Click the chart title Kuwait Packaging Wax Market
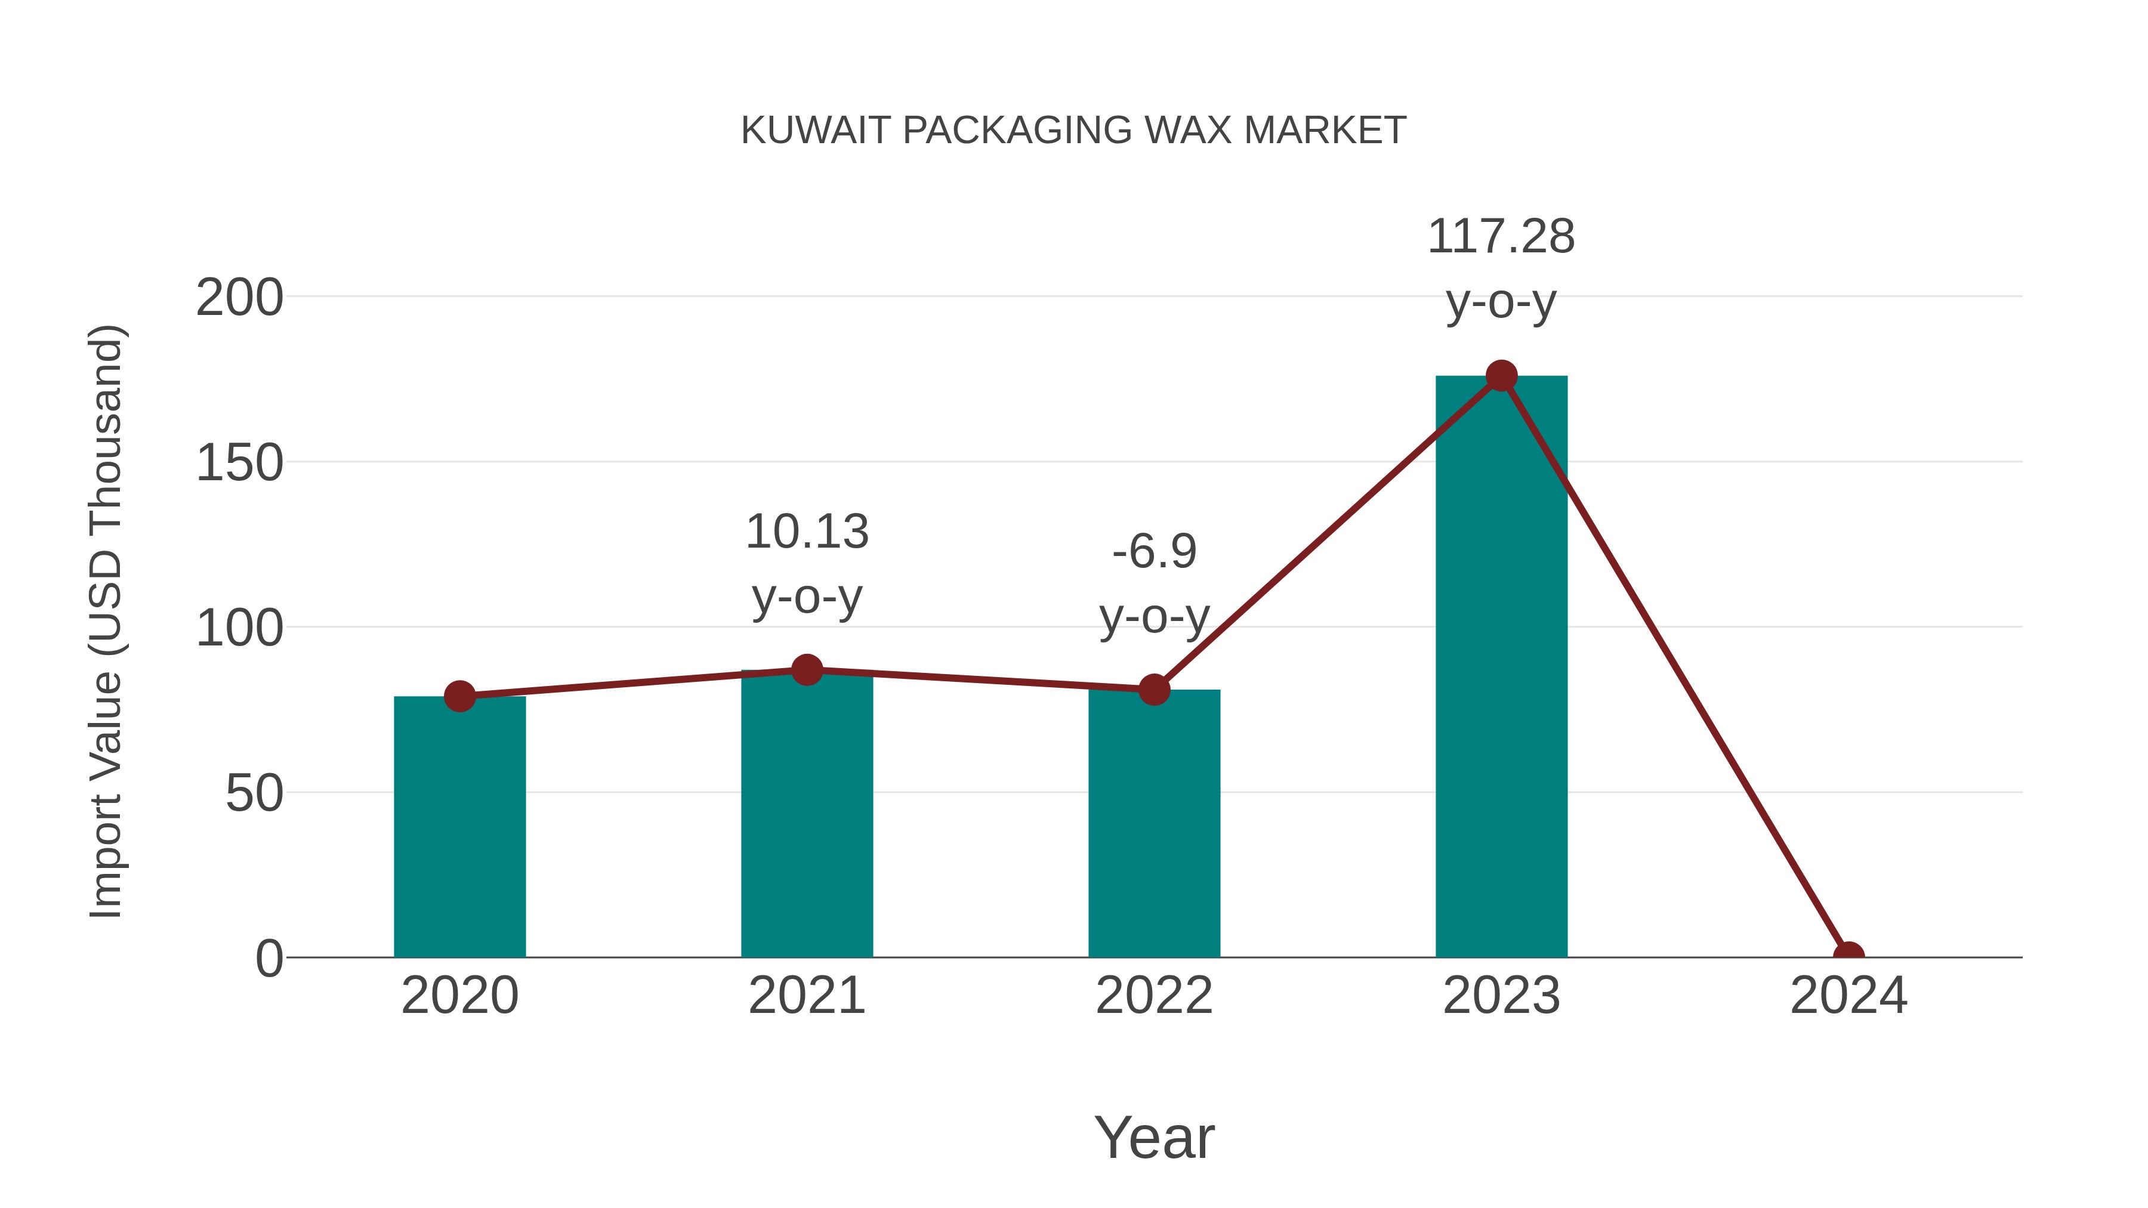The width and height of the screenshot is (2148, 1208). click(1073, 131)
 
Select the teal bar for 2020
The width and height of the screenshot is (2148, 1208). click(459, 830)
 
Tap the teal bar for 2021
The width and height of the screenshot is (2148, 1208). click(806, 817)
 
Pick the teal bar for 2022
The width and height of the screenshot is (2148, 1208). click(1153, 826)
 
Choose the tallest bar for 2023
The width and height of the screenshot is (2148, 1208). click(1501, 667)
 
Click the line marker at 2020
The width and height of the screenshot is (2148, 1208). click(459, 696)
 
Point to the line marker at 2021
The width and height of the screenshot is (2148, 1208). click(806, 669)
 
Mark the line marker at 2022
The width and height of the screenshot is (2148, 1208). click(1153, 690)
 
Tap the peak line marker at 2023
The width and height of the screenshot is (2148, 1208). click(1501, 376)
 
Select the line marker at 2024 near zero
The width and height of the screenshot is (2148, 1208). click(1848, 956)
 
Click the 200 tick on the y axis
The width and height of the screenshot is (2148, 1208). click(239, 298)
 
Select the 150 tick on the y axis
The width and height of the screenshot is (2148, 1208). click(239, 463)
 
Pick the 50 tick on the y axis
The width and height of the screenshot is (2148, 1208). click(254, 793)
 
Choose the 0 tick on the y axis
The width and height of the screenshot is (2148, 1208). click(268, 958)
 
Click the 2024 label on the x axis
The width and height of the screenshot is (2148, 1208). click(1848, 996)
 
